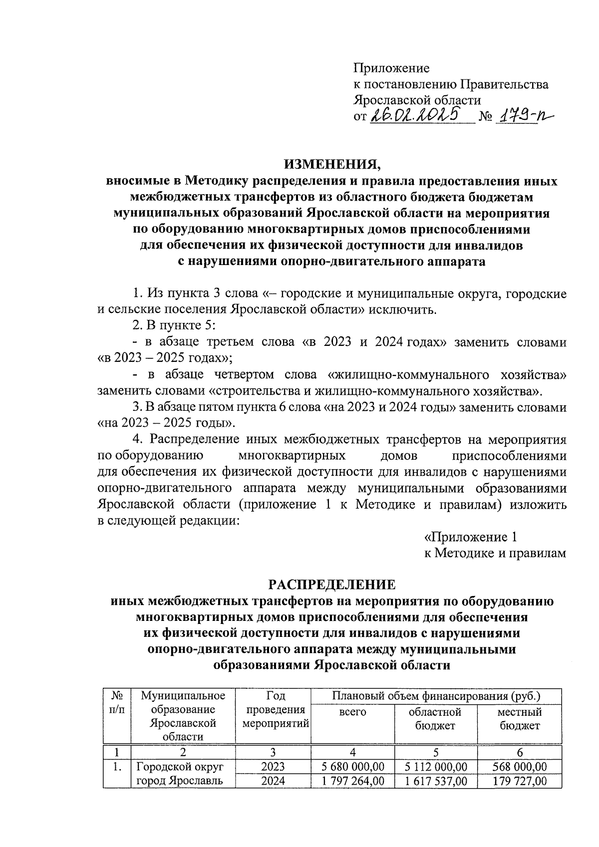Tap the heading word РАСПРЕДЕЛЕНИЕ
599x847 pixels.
click(x=332, y=584)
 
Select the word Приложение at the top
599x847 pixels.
click(x=391, y=68)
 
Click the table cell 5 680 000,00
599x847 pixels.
click(x=352, y=767)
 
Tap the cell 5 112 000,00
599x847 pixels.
click(x=435, y=767)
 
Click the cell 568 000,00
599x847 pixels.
click(x=519, y=767)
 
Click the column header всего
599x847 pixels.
click(x=352, y=712)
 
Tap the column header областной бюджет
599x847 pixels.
click(x=435, y=719)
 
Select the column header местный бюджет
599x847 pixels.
click(x=519, y=719)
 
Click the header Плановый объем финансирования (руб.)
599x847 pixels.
click(x=436, y=695)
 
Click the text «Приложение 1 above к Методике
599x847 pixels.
click(x=470, y=537)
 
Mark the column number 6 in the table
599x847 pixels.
click(x=519, y=752)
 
